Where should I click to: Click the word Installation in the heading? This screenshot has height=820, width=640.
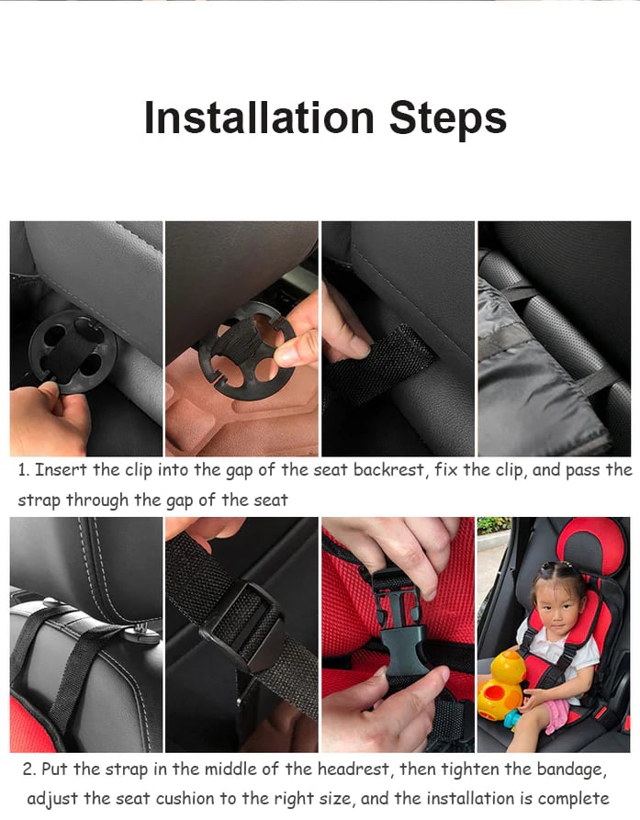click(259, 118)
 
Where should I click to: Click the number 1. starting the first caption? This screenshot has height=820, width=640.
click(24, 470)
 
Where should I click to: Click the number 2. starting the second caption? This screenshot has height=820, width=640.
click(30, 769)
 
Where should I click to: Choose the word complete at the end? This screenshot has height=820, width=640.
click(574, 798)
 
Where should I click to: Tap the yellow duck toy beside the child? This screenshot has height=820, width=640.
click(501, 684)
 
